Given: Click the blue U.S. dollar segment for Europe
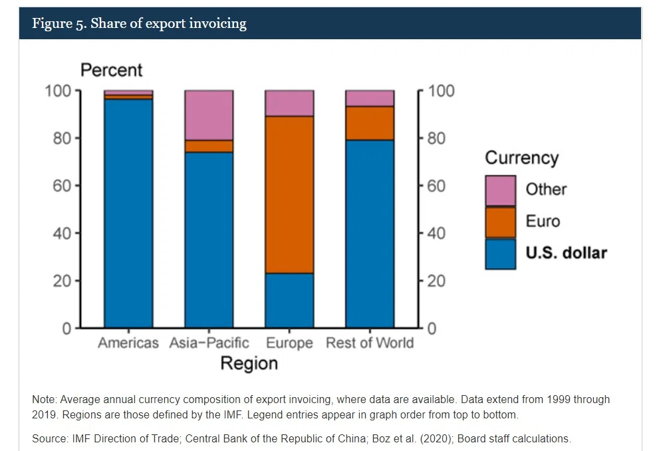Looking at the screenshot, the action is [x=289, y=301].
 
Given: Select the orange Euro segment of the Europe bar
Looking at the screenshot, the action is [x=289, y=195].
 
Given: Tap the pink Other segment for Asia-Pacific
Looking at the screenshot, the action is [x=209, y=115].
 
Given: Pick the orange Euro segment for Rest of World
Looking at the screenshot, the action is [x=370, y=123].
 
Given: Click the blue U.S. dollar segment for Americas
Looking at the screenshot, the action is [x=128, y=214].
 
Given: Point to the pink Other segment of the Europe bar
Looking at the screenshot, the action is [x=289, y=103].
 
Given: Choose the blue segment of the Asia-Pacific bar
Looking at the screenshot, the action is [x=209, y=240].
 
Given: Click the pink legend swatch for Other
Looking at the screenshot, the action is [x=501, y=191].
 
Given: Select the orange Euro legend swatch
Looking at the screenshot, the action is [x=501, y=223].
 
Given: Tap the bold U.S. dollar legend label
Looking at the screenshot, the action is [x=566, y=253].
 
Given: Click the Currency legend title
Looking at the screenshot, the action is [x=522, y=158].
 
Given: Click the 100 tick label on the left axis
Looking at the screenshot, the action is [x=58, y=90].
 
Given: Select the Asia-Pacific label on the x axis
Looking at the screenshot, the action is [x=209, y=343].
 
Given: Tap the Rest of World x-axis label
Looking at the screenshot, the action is [x=370, y=343].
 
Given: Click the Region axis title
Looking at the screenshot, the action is [x=249, y=364].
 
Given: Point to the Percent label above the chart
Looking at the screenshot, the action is [x=111, y=71].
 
